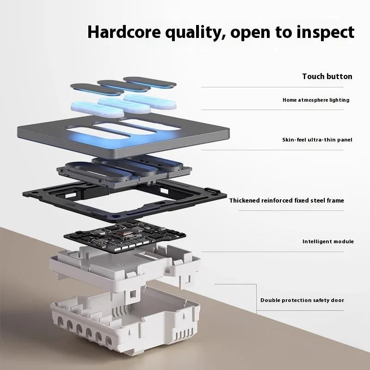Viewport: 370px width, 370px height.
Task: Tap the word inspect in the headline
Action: (326, 32)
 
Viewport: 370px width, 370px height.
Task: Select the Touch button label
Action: (327, 76)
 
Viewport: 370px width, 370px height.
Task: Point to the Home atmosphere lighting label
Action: (316, 100)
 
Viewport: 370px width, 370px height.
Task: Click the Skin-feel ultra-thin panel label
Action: (317, 140)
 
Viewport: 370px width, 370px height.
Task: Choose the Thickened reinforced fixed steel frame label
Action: (286, 201)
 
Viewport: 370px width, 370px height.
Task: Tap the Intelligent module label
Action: (328, 241)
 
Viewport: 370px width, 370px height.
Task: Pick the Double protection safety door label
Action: (302, 300)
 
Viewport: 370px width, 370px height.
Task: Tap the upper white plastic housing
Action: (125, 267)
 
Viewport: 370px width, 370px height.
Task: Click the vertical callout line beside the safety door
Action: (257, 299)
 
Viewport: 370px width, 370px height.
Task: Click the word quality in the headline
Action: (195, 33)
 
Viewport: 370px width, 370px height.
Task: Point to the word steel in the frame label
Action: (318, 201)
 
